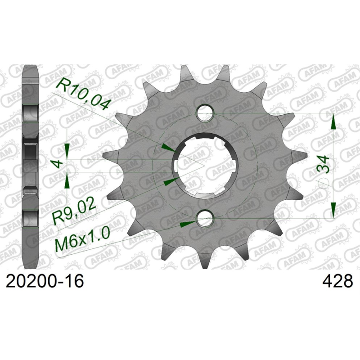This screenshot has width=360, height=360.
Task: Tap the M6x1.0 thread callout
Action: tap(82, 245)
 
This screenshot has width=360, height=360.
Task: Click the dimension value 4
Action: tap(57, 165)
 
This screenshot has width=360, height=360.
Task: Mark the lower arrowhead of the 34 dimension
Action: tap(333, 209)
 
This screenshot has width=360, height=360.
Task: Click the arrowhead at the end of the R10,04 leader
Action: tap(168, 148)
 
